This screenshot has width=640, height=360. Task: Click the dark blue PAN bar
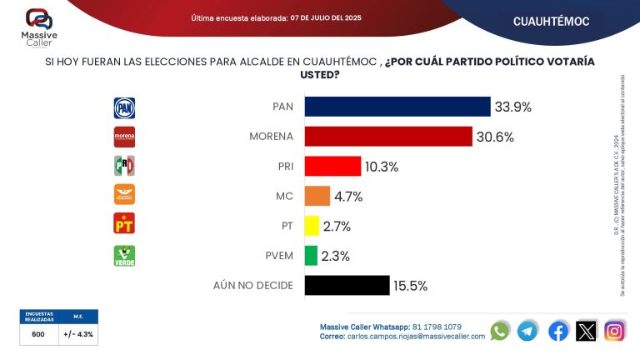[397, 107]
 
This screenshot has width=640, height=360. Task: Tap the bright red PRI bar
[332, 166]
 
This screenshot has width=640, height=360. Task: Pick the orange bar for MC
[317, 196]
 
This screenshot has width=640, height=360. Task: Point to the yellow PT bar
[312, 226]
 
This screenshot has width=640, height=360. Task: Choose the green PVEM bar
[311, 255]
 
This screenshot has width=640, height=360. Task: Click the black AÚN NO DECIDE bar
[347, 285]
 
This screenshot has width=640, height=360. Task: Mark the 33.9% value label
[512, 107]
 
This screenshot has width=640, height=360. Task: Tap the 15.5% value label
[410, 285]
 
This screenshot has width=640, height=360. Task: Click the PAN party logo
[124, 107]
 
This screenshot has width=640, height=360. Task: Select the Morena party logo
[124, 137]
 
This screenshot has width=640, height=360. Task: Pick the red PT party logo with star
[124, 224]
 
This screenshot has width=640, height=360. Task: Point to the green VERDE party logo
[124, 255]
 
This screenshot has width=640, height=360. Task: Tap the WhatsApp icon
[499, 331]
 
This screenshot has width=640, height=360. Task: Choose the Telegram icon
[527, 331]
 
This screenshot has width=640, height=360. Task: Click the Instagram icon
[614, 331]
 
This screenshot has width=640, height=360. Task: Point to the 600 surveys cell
[38, 334]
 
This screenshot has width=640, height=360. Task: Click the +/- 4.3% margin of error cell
[78, 334]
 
